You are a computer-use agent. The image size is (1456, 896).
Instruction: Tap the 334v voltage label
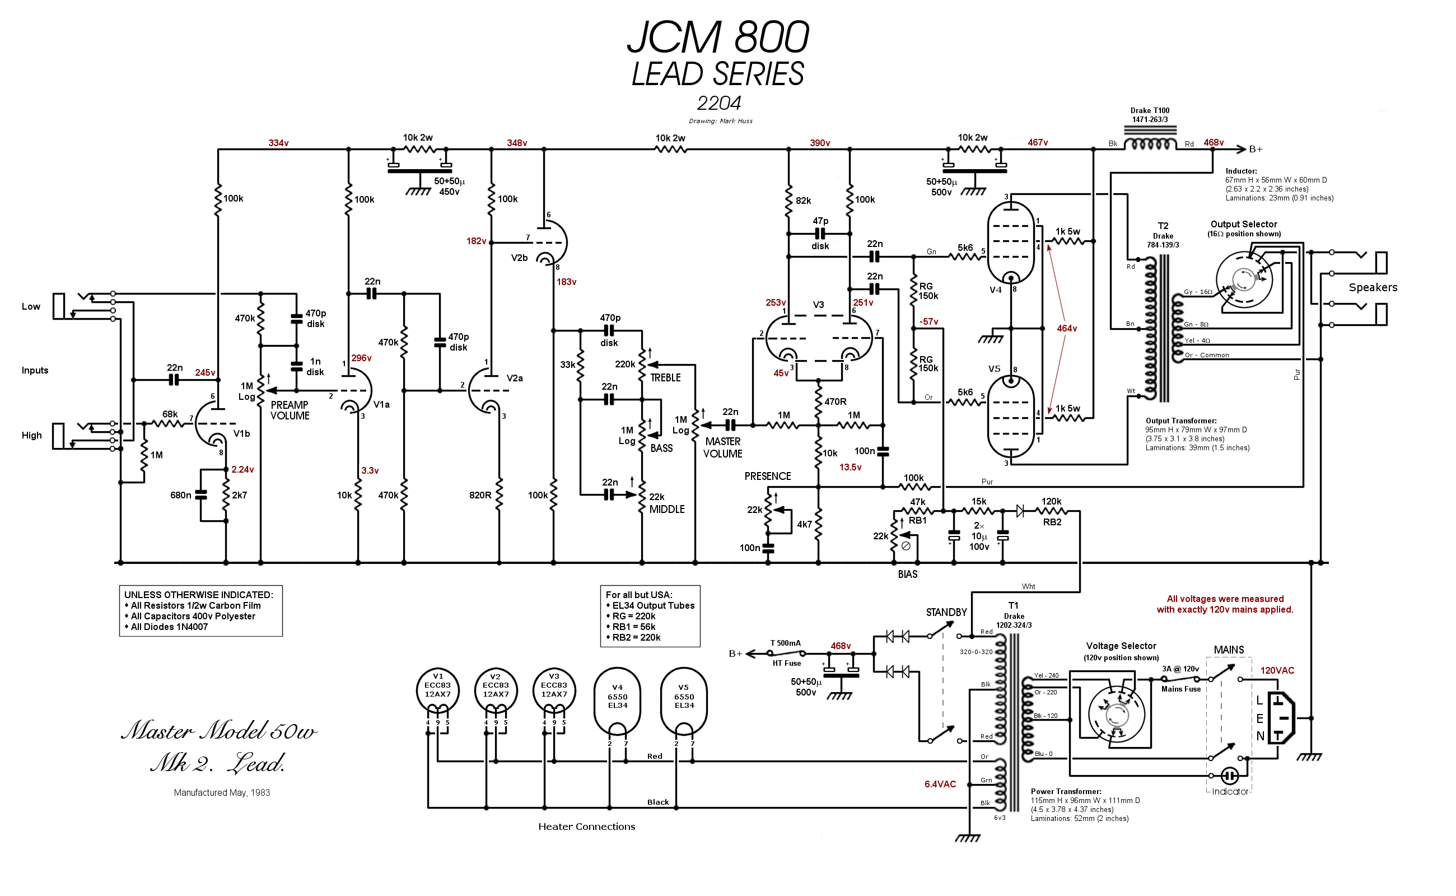pyautogui.click(x=278, y=143)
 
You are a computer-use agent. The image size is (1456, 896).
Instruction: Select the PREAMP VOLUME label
pyautogui.click(x=290, y=410)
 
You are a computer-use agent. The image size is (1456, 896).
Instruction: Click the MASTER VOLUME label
pyautogui.click(x=722, y=448)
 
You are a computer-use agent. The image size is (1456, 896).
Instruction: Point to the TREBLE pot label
pyautogui.click(x=665, y=378)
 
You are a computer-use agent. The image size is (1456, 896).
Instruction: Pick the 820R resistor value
pyautogui.click(x=480, y=496)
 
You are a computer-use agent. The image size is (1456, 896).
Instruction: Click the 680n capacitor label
pyautogui.click(x=180, y=496)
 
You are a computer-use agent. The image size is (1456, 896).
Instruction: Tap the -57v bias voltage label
pyautogui.click(x=928, y=322)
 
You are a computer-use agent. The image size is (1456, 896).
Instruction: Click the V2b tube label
pyautogui.click(x=519, y=258)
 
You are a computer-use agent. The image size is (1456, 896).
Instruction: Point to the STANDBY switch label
pyautogui.click(x=946, y=613)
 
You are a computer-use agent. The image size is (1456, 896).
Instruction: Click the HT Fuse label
pyautogui.click(x=786, y=664)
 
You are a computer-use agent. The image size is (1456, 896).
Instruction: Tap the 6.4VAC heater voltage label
pyautogui.click(x=940, y=785)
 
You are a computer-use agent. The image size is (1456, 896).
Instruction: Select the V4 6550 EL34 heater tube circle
pyautogui.click(x=617, y=699)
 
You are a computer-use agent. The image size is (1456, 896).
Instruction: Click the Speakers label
pyautogui.click(x=1373, y=288)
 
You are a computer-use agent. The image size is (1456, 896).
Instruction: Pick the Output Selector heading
pyautogui.click(x=1243, y=225)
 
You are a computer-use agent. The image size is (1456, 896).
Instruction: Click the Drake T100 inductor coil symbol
pyautogui.click(x=1150, y=144)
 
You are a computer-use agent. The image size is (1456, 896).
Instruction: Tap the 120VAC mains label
pyautogui.click(x=1277, y=671)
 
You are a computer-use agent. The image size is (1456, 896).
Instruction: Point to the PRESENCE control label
pyautogui.click(x=767, y=477)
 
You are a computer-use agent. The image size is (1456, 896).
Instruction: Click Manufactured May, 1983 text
pyautogui.click(x=222, y=793)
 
